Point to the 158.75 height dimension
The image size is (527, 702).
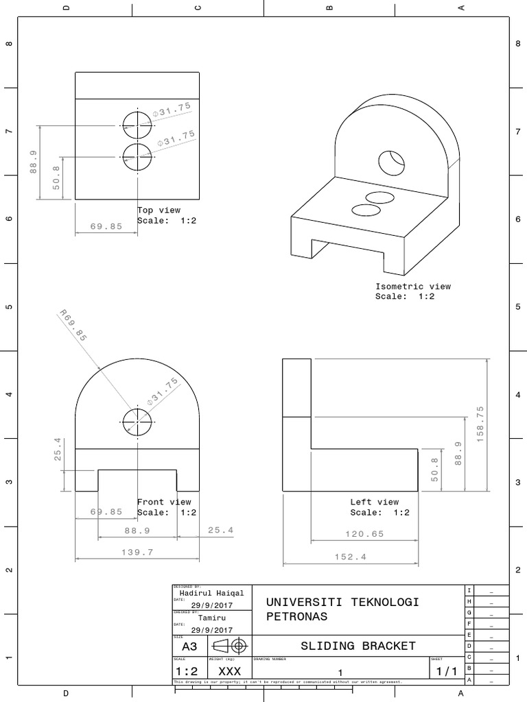(480, 424)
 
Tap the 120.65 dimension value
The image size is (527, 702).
(364, 533)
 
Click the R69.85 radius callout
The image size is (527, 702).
(73, 326)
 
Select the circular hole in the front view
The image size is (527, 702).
(137, 422)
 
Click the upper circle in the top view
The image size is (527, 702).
(137, 125)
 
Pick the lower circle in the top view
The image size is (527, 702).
(137, 157)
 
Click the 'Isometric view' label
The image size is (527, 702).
(412, 287)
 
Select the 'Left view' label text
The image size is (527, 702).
(374, 502)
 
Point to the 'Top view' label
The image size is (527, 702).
(159, 210)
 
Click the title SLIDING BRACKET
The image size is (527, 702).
(358, 646)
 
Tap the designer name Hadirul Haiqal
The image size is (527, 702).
(211, 593)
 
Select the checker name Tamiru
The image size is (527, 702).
(211, 616)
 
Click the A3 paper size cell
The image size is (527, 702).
(189, 646)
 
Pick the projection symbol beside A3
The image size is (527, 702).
(231, 646)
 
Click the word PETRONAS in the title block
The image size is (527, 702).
(296, 616)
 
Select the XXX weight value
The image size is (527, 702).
(229, 672)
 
